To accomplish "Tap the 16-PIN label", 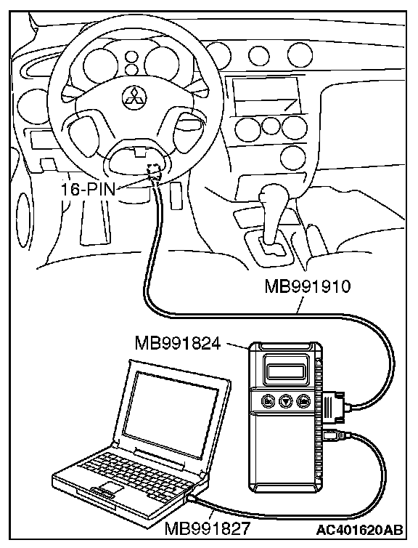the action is [88, 190].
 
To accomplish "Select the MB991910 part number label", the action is [308, 287].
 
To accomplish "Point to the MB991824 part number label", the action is [178, 344].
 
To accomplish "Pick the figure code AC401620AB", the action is [359, 530].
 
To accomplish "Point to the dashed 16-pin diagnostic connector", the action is [154, 172].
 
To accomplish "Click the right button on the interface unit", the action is [303, 401].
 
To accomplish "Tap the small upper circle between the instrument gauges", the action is [131, 57].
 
